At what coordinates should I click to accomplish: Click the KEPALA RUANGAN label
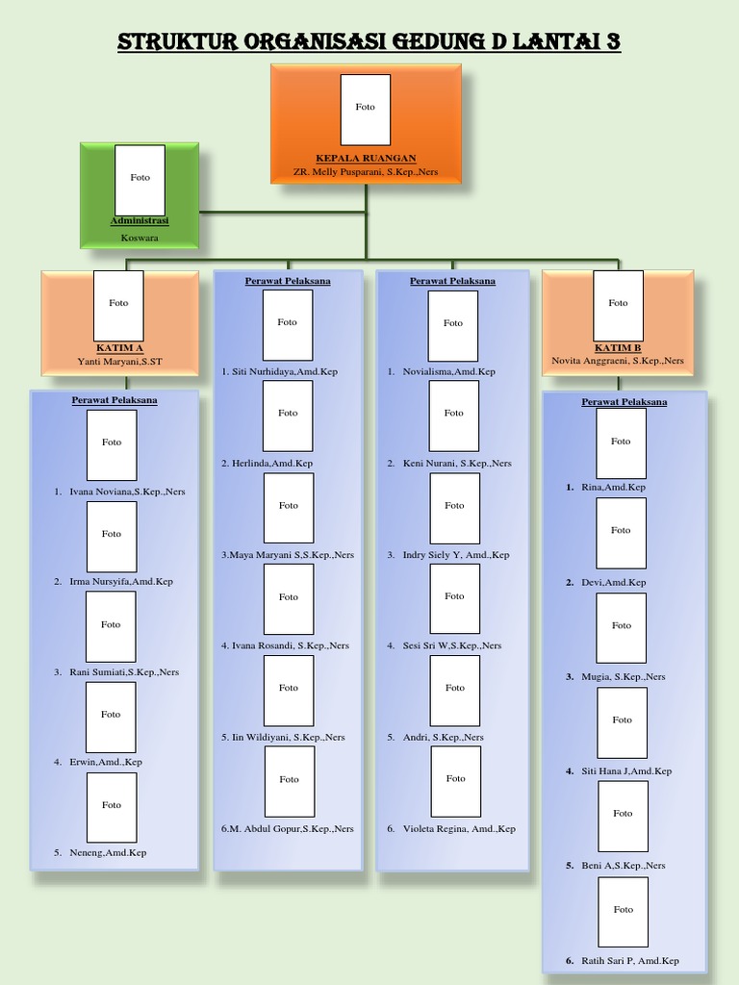366,158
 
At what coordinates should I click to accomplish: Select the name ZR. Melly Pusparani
366,171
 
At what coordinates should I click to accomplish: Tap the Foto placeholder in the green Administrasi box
140,179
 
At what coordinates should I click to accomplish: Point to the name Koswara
140,237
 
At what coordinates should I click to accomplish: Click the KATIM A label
119,347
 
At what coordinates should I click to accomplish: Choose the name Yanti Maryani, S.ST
119,362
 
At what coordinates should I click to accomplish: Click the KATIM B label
618,347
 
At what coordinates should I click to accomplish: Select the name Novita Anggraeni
618,361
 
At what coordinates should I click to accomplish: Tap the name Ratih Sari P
630,960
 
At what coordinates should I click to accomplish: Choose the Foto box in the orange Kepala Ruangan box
366,108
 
